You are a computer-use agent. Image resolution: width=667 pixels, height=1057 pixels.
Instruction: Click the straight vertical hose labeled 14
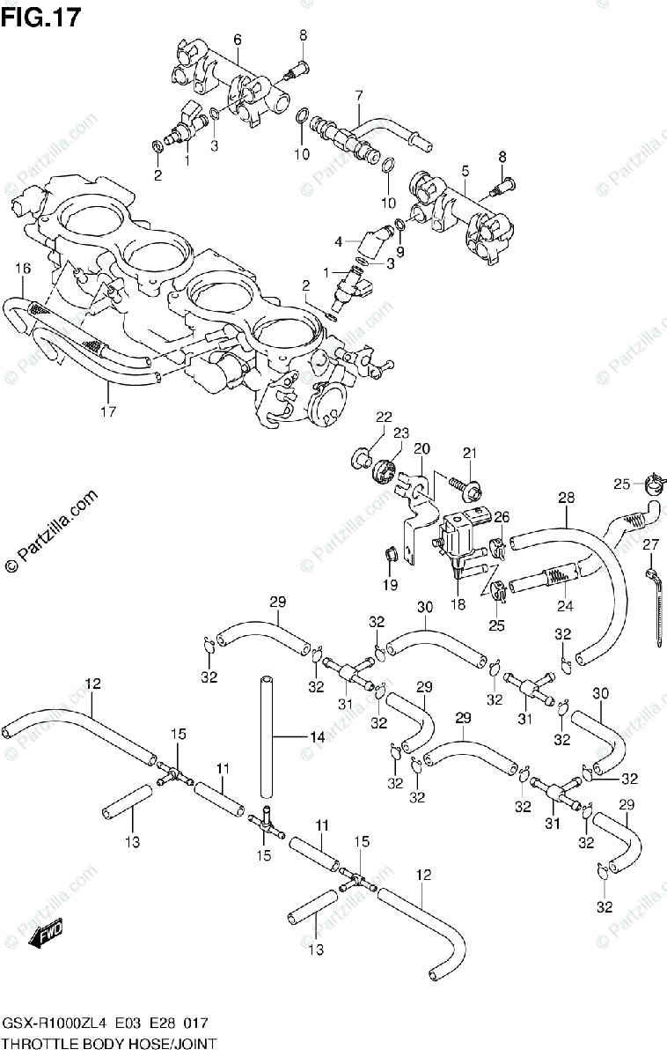tap(266, 738)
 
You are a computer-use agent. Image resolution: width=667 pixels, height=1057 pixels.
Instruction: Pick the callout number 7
tap(359, 95)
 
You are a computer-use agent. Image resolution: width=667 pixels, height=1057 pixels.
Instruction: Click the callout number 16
tap(23, 268)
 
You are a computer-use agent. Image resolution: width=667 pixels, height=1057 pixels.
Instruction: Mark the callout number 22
tap(384, 417)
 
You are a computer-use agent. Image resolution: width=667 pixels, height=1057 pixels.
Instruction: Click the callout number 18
tap(456, 603)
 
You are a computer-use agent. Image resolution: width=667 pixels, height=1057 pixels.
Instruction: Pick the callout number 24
tap(564, 606)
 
